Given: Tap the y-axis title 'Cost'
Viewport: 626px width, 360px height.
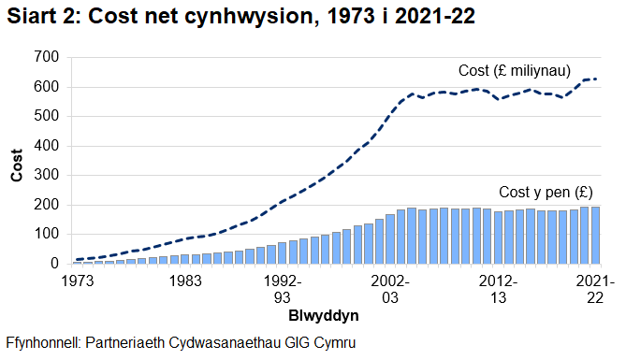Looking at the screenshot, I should click(16, 162).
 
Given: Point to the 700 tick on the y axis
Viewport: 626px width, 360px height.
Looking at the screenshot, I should click(47, 58).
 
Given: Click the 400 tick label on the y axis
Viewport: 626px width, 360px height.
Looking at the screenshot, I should click(47, 147).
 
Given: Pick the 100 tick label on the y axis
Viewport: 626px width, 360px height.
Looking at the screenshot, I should click(47, 235).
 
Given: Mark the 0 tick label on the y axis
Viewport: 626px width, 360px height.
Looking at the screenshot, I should click(54, 265).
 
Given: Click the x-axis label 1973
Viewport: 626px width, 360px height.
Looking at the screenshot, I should click(78, 280).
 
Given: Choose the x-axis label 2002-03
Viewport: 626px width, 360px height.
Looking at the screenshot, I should click(390, 287).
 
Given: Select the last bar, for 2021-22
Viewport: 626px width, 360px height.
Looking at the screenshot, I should click(595, 236).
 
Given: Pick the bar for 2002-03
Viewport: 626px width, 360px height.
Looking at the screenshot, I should click(390, 240).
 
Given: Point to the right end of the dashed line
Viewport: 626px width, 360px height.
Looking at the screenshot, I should click(597, 79).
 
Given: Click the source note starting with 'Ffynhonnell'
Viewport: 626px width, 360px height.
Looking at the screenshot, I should click(181, 343).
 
